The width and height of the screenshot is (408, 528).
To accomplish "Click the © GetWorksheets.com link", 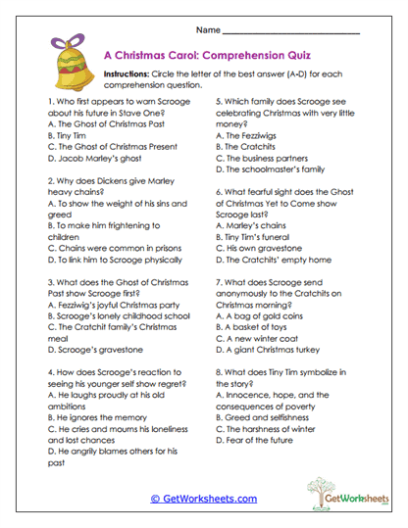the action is click(x=203, y=499).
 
